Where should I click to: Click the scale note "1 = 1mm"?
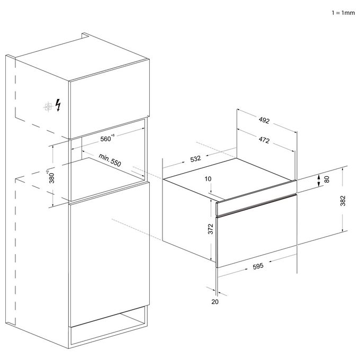tap(343, 13)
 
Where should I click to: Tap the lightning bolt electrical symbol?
tap(58, 105)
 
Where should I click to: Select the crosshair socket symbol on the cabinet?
tap(48, 107)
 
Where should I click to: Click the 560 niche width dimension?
tap(107, 138)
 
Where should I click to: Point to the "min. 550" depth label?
tap(110, 160)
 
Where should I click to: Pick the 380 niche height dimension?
tap(51, 176)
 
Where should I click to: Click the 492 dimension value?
tap(264, 120)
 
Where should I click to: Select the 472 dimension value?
tap(264, 140)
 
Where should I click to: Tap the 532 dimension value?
tap(195, 159)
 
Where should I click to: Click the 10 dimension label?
tap(208, 178)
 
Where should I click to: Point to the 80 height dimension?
tap(327, 179)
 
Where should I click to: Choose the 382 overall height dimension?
tap(343, 201)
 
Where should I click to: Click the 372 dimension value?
tap(211, 229)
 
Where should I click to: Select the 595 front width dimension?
tap(258, 266)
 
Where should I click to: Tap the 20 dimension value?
tap(215, 302)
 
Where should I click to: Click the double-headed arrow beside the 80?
tap(319, 181)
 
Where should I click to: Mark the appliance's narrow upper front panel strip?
tap(256, 199)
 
